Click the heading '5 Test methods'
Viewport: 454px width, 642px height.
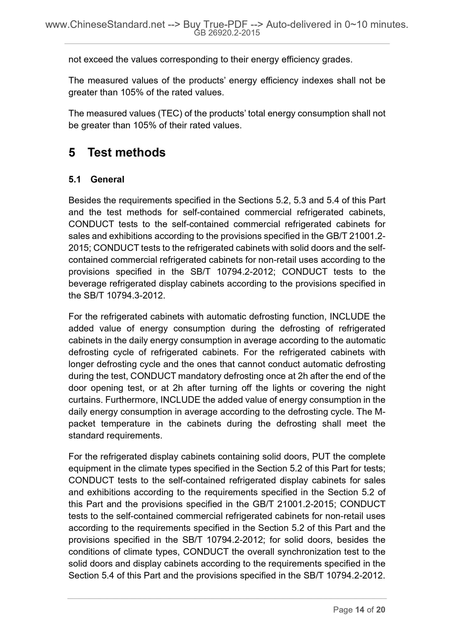[117, 153]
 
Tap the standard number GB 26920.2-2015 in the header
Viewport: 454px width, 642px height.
[227, 33]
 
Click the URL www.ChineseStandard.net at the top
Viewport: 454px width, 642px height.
[105, 24]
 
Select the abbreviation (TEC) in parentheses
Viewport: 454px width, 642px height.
[169, 113]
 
